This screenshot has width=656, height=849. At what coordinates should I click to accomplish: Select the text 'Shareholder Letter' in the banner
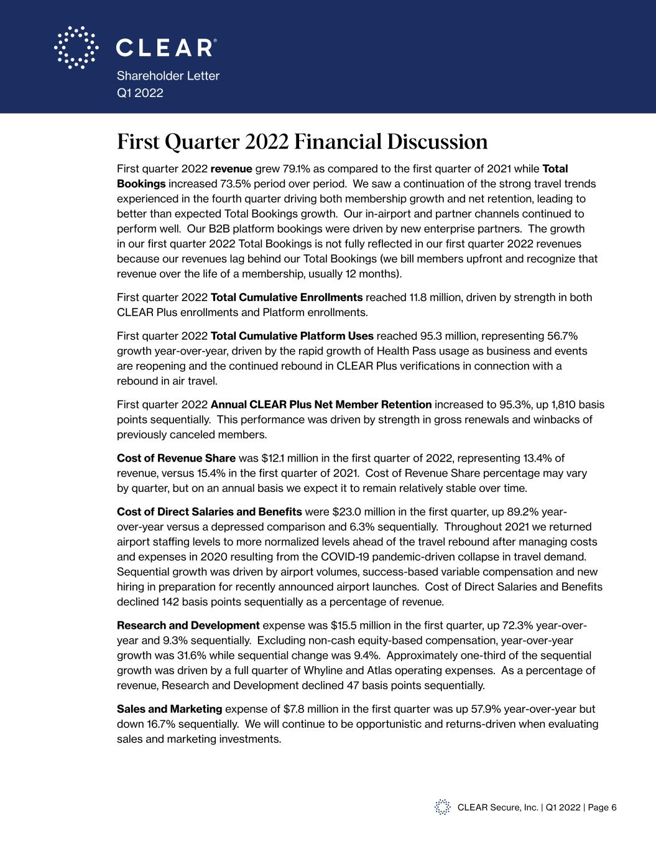[x=168, y=76]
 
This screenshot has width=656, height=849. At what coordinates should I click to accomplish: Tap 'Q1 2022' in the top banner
[x=140, y=93]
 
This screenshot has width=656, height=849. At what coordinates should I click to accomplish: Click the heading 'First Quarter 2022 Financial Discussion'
[x=302, y=142]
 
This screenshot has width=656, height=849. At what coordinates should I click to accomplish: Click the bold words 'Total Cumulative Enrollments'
[x=287, y=297]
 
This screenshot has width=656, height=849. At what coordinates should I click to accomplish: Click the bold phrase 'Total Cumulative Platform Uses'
[x=292, y=336]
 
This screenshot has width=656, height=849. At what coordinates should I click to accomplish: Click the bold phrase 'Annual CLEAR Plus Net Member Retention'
[x=321, y=405]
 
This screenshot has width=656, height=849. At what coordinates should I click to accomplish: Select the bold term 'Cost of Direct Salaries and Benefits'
[x=210, y=512]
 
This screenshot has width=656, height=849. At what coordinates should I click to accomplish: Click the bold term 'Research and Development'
[x=188, y=626]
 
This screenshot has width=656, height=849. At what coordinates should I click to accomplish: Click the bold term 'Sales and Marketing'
[x=169, y=709]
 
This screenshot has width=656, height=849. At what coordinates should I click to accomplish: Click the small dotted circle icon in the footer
[x=442, y=807]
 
